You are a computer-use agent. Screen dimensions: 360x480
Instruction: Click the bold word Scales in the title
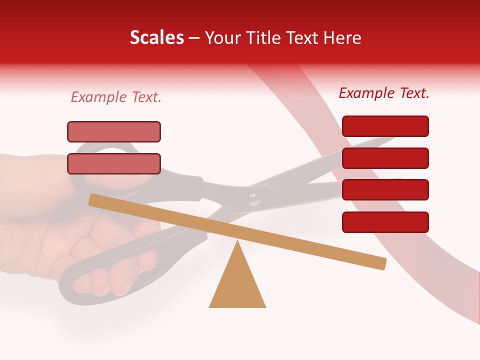[156, 38]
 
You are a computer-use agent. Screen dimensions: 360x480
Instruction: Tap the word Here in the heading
[342, 38]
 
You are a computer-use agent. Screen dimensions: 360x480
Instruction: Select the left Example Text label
[116, 97]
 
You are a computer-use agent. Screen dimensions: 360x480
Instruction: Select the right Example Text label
[384, 93]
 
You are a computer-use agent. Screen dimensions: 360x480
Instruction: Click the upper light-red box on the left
[114, 131]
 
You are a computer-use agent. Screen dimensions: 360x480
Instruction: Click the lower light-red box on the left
[114, 163]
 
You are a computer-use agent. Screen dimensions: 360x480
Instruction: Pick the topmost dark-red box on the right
[385, 126]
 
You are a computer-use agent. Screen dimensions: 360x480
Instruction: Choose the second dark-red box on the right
[385, 158]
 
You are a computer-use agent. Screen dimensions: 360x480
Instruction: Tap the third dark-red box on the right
[385, 189]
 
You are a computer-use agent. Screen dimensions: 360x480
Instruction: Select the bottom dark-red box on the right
[385, 222]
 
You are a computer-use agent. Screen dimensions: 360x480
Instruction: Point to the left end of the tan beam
[93, 199]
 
